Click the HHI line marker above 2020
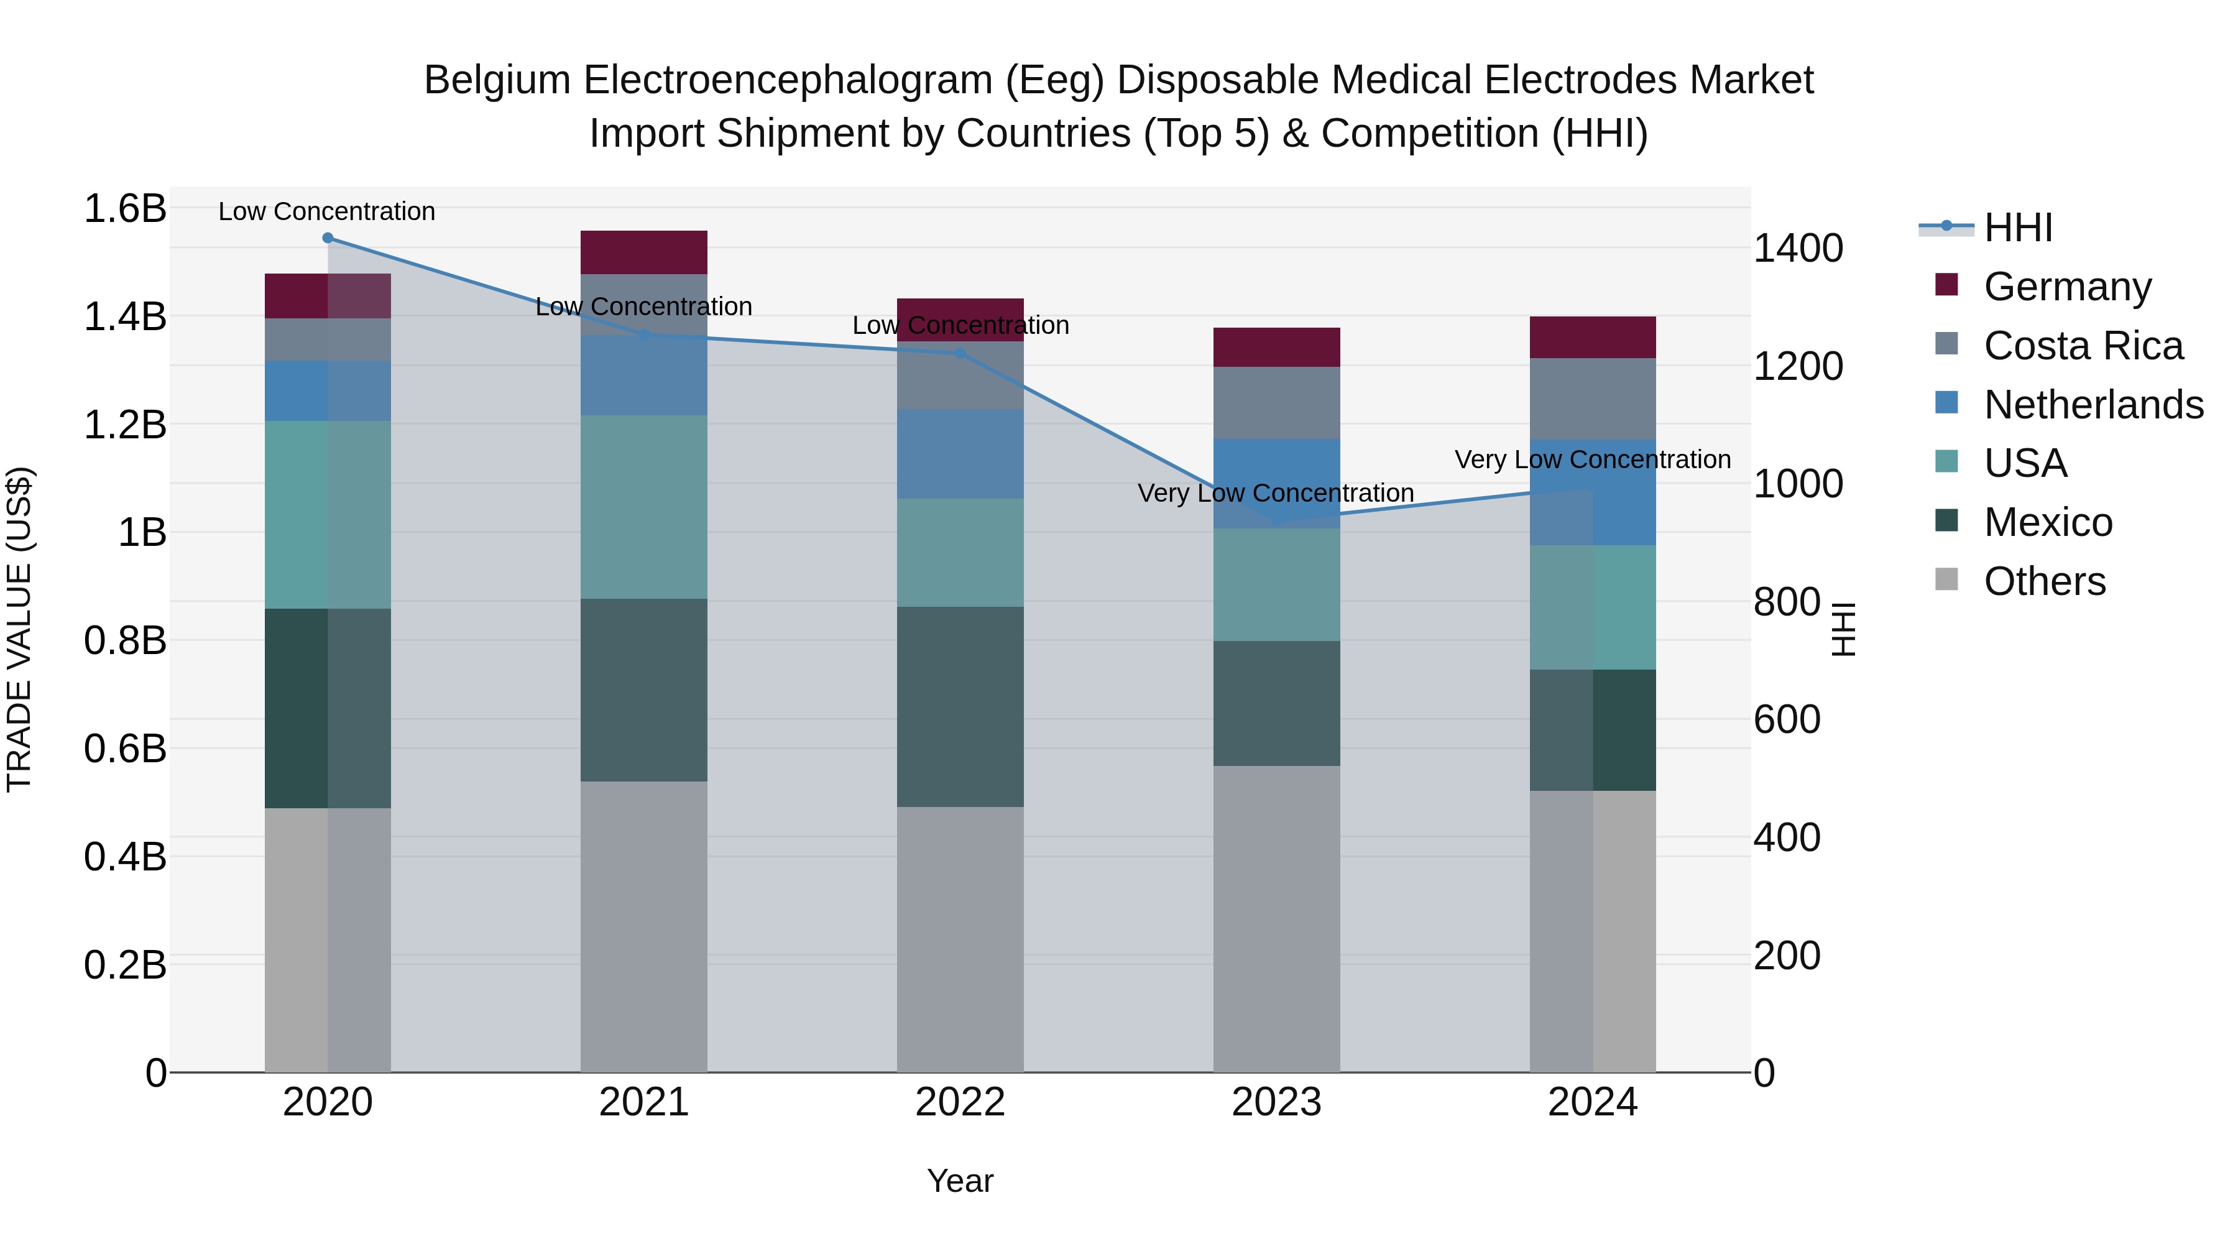[x=328, y=238]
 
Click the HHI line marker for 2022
[x=960, y=354]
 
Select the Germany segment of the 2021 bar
[x=644, y=252]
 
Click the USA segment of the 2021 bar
[x=644, y=507]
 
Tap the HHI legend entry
[x=2017, y=228]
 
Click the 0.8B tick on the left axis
[x=125, y=640]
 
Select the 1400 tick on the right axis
[x=1797, y=249]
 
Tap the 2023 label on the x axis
[x=1276, y=1102]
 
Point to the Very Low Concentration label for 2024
[x=1593, y=459]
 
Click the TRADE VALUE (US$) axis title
[x=19, y=629]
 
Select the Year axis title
[x=960, y=1181]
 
